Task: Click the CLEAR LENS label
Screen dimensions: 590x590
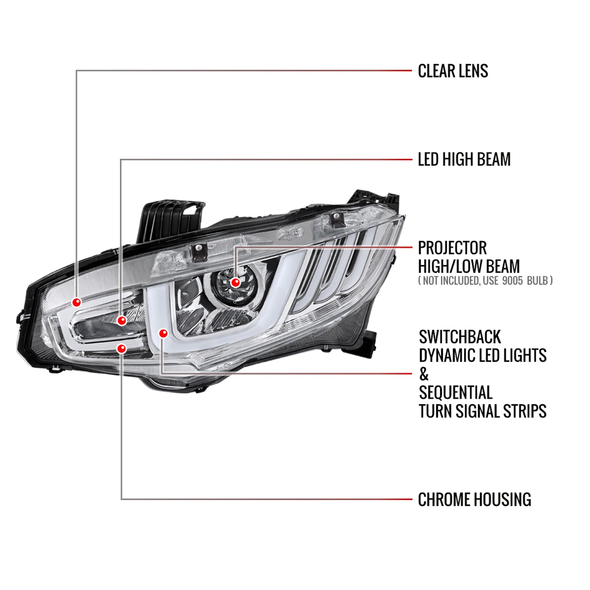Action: [x=453, y=71]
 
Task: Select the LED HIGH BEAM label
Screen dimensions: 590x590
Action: [x=464, y=159]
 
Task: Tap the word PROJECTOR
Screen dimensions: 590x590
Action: [x=452, y=248]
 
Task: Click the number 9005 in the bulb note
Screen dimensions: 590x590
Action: [x=513, y=280]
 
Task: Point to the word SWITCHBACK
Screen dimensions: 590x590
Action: [x=460, y=337]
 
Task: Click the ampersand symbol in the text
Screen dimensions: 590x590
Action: [x=424, y=374]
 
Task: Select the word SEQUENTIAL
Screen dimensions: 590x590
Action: [x=455, y=393]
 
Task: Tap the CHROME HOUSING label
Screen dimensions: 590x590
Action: [x=474, y=500]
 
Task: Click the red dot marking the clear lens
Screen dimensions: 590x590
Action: [x=77, y=302]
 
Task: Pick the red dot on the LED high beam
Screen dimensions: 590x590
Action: [x=122, y=321]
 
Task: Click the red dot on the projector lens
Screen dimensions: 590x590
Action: [x=236, y=282]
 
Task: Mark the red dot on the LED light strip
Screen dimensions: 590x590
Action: [x=163, y=334]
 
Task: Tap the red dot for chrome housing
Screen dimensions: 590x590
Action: [x=122, y=348]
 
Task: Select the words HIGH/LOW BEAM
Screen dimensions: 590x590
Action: [x=469, y=266]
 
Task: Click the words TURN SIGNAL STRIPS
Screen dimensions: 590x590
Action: [x=483, y=411]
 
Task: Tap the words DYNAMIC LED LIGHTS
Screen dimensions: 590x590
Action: [x=483, y=356]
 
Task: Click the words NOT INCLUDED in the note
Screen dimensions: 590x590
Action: [x=451, y=280]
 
